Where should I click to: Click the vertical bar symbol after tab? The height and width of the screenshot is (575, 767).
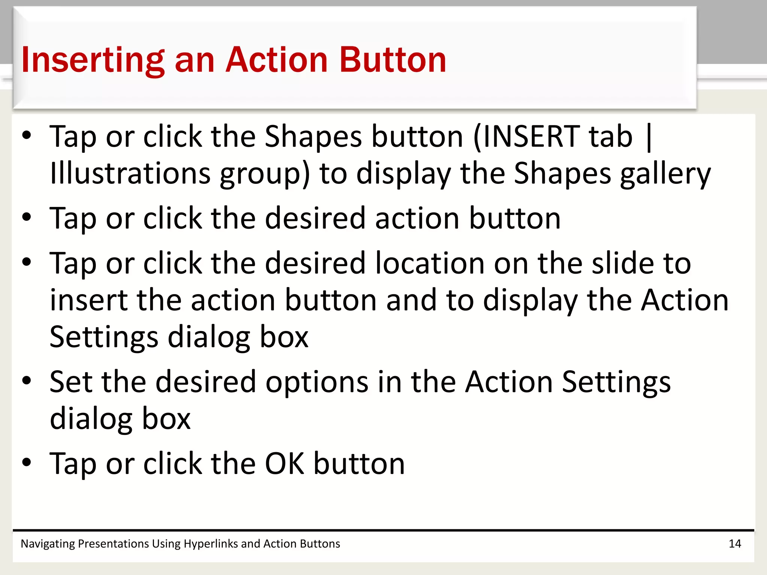(649, 137)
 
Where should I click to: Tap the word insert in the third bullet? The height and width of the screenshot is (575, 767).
(89, 300)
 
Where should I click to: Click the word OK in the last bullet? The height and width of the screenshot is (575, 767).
(285, 464)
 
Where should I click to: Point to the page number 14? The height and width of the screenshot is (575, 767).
(735, 544)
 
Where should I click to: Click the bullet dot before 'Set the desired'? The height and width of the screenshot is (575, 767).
(27, 381)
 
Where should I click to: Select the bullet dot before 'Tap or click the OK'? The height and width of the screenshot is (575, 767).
(27, 463)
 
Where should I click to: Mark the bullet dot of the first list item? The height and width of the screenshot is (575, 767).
(27, 136)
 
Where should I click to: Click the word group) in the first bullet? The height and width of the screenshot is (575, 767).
(265, 174)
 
